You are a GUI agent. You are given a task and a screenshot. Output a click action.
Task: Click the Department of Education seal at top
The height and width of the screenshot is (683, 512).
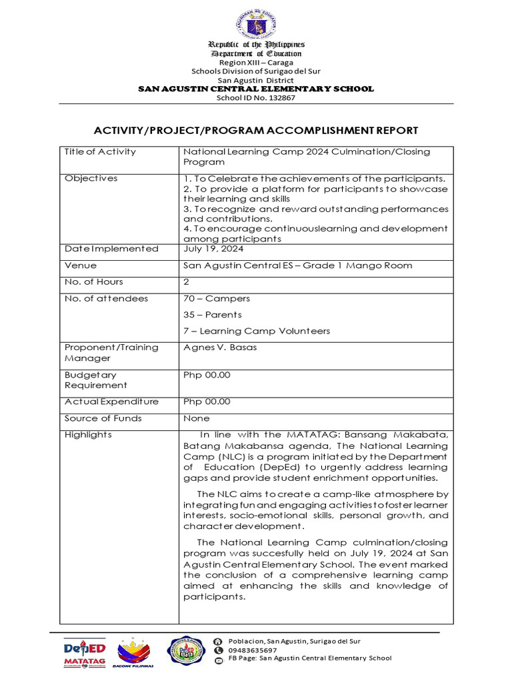(255, 23)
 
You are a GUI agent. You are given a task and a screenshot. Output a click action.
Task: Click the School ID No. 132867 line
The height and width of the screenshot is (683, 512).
(256, 98)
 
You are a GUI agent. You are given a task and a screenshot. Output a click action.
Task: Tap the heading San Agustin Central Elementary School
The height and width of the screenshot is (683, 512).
(256, 89)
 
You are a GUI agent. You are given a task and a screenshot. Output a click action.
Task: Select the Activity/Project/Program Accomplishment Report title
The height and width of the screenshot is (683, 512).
(256, 130)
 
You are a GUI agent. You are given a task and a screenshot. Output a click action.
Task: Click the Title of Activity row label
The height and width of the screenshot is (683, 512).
(100, 152)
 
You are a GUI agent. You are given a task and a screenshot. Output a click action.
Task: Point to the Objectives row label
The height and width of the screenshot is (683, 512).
(91, 179)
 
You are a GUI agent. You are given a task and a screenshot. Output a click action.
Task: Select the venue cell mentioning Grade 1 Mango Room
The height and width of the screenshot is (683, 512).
(297, 265)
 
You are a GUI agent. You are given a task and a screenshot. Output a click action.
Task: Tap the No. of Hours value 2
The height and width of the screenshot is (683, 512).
(186, 282)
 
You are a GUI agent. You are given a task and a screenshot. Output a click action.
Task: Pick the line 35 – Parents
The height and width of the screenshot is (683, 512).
(213, 315)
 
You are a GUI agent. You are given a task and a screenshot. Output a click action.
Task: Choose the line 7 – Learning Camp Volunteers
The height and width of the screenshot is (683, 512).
(256, 331)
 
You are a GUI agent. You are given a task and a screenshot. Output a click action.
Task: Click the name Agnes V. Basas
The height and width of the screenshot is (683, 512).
(219, 348)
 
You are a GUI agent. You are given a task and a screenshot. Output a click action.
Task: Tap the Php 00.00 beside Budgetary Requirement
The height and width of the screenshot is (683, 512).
(207, 375)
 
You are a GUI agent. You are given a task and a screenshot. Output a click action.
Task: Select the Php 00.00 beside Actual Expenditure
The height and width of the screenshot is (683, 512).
(207, 402)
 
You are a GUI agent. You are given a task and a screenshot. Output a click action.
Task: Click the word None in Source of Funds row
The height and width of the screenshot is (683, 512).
(196, 418)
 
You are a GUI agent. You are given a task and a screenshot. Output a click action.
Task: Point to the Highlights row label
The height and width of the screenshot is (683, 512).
(88, 435)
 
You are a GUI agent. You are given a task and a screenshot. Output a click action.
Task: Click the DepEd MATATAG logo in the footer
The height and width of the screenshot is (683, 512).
(85, 652)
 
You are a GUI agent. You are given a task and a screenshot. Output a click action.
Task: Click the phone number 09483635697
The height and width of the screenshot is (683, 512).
(253, 650)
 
